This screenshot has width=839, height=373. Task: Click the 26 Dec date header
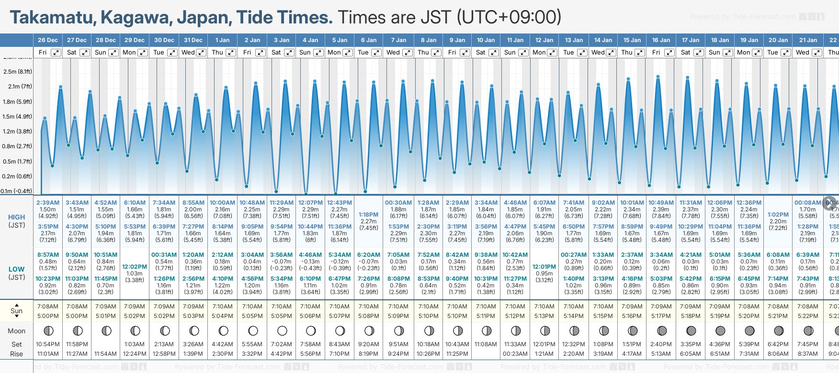tap(47, 40)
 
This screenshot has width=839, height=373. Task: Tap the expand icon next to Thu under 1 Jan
tap(230, 53)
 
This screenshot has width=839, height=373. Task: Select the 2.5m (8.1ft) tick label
tap(17, 72)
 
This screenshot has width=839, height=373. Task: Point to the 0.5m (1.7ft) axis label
tap(17, 161)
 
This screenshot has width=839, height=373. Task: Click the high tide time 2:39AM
tap(48, 203)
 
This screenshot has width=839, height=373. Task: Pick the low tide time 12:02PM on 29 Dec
tap(135, 267)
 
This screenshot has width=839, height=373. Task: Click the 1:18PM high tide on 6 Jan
tap(369, 215)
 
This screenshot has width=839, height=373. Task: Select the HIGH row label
tap(16, 217)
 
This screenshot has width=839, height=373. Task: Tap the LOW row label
tap(16, 269)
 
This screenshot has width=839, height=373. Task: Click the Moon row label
tap(16, 331)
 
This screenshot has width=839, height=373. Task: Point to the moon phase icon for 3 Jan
tap(282, 330)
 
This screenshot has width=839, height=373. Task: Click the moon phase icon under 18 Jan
tap(720, 330)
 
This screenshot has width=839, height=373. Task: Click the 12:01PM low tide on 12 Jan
tap(544, 267)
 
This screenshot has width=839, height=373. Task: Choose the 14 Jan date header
tap(603, 40)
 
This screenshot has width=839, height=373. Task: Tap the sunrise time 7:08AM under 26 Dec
tap(48, 307)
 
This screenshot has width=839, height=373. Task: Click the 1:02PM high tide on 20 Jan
tap(778, 215)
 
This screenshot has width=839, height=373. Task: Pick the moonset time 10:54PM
tap(48, 344)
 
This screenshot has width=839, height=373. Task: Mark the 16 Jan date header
tap(662, 40)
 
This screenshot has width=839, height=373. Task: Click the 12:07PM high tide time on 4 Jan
tap(310, 203)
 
